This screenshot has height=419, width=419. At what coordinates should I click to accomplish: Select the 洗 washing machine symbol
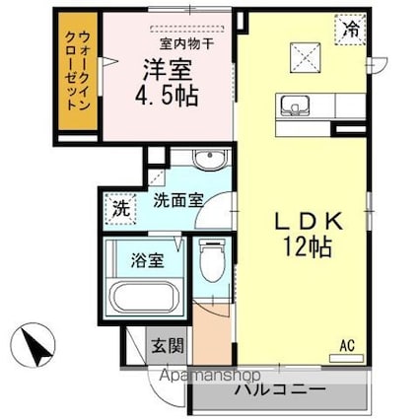117,208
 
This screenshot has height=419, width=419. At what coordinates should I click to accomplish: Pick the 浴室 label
146,262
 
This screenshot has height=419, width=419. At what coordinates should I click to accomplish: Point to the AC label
346,344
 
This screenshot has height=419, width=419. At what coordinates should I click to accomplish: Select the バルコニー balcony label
279,388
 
